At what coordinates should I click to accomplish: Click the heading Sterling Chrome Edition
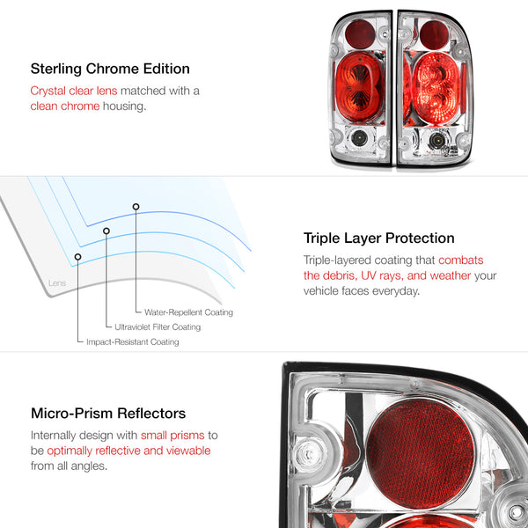110,69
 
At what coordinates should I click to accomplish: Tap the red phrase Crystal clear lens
74,91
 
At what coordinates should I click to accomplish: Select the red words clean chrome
65,106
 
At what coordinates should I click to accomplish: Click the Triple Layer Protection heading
378,238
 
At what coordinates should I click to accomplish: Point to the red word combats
460,260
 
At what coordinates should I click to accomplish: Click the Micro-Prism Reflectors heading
108,414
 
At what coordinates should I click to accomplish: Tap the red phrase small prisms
172,435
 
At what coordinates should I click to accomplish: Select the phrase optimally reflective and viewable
128,451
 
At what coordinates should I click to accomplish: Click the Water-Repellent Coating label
188,312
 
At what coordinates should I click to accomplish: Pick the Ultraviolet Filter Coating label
158,327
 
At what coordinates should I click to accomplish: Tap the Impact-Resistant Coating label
133,341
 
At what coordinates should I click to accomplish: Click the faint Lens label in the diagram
57,282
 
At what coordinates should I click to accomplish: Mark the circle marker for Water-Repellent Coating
136,207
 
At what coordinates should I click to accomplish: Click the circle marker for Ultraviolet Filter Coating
106,231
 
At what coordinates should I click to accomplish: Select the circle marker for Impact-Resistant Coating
77,257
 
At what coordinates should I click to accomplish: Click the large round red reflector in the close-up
421,453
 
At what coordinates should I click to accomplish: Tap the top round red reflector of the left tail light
360,34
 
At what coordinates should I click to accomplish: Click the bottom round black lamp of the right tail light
437,140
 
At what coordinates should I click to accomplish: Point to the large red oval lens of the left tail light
359,87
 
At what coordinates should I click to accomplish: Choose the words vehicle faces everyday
362,291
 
